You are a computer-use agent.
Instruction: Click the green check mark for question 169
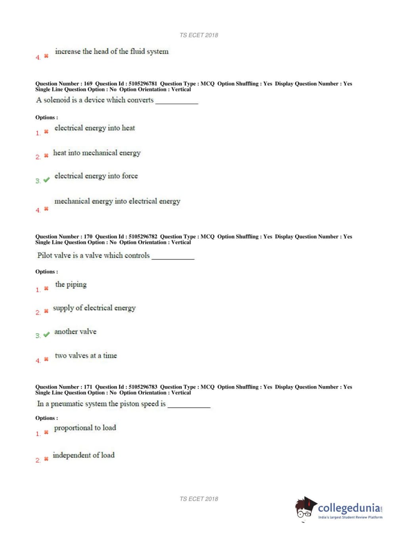coord(46,180)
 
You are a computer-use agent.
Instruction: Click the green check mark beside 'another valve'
coord(46,334)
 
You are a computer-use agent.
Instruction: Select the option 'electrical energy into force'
coord(96,176)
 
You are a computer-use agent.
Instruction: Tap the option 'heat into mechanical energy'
coord(97,153)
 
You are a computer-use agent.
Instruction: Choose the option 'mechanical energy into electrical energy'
coord(117,201)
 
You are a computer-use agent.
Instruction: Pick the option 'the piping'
coord(71,284)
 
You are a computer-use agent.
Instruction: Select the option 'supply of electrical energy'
coord(94,308)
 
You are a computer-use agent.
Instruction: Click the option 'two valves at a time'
coord(86,355)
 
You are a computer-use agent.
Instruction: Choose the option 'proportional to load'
coord(85,428)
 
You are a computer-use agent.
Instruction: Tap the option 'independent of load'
coord(83,455)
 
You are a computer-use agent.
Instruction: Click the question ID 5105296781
coord(143,84)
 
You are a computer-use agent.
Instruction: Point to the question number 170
coord(88,236)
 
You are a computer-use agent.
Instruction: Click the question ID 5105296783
coord(143,387)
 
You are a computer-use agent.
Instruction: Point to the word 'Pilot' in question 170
coord(45,256)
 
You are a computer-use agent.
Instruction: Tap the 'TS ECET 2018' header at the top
coord(199,35)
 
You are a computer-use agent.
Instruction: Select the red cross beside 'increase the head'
coord(46,56)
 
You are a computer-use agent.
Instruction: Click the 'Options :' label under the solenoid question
coord(46,117)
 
